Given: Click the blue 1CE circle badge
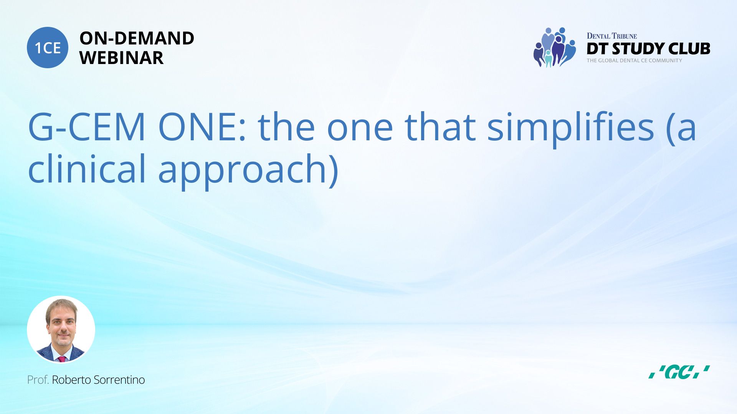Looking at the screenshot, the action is tap(48, 48).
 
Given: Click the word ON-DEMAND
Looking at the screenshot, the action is tap(137, 38).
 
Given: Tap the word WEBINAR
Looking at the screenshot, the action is tap(121, 58).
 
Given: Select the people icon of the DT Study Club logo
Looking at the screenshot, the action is tap(555, 47).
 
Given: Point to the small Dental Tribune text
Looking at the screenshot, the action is tap(612, 36).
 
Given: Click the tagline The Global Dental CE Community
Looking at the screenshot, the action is tap(635, 61).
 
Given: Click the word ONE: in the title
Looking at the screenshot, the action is tap(202, 127).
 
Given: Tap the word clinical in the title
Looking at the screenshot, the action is tap(87, 168).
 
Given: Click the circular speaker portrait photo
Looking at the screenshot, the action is tap(61, 330).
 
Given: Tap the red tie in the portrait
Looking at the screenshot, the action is tap(61, 359).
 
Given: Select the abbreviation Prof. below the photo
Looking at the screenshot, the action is tap(38, 380).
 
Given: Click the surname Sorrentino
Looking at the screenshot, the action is tap(119, 380).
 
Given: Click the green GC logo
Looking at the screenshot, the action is tap(679, 372).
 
